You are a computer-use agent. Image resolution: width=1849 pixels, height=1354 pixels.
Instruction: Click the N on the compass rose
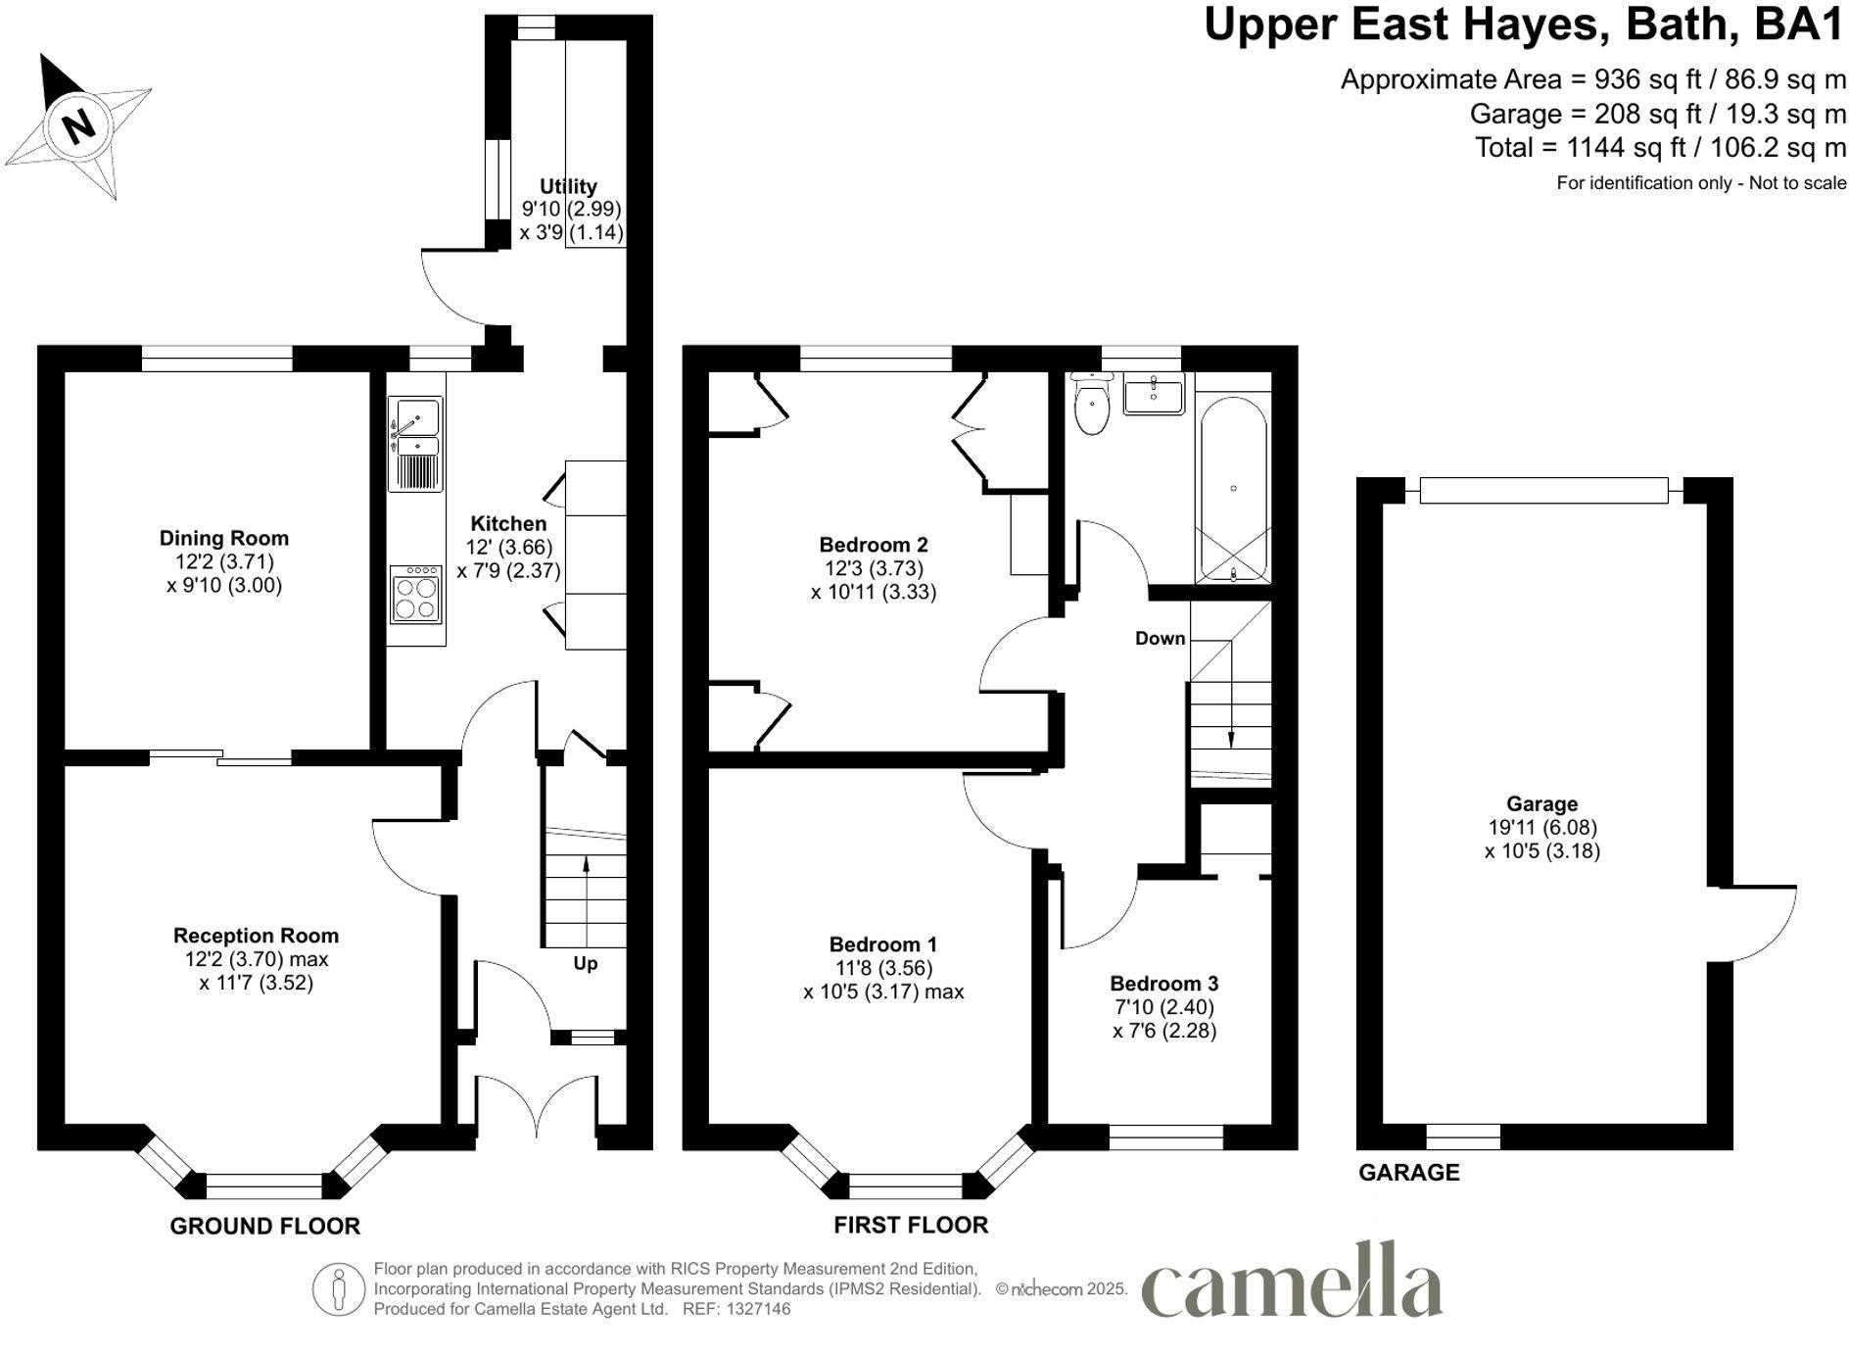[x=77, y=125]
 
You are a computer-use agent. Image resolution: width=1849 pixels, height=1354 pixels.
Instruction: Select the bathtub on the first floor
[x=1232, y=488]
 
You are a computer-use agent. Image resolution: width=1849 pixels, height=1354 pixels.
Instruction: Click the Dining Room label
[x=224, y=538]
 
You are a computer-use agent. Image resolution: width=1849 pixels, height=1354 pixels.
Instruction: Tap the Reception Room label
[x=256, y=936]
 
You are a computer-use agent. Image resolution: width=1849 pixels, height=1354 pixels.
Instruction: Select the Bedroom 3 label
[x=1163, y=984]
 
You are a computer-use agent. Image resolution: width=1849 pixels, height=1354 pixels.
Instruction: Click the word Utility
[x=568, y=186]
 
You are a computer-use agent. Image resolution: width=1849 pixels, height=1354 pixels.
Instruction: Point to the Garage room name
[x=1541, y=804]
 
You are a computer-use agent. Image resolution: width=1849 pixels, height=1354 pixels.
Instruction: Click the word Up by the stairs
[x=586, y=964]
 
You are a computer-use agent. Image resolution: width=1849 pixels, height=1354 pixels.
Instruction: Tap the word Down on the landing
[x=1160, y=639]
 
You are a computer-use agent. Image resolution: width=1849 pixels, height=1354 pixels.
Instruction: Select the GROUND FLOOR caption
[x=264, y=1226]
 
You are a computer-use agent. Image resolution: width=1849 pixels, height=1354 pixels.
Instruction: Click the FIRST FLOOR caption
[x=911, y=1225]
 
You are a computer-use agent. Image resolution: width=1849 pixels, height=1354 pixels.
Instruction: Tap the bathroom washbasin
[x=1153, y=394]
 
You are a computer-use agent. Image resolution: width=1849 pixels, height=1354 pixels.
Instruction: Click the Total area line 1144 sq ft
[x=1660, y=148]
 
